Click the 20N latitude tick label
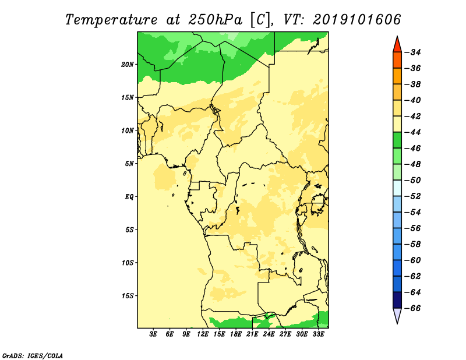[x=128, y=65]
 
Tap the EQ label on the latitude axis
[x=129, y=197]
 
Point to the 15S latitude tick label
[x=128, y=296]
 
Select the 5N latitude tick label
[x=129, y=164]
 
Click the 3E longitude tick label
[x=153, y=334]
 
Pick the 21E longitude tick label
[x=252, y=334]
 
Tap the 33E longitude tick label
[x=318, y=334]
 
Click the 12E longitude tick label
[x=203, y=334]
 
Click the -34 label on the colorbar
[x=413, y=52]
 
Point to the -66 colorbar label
[x=413, y=308]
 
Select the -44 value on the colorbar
[x=413, y=132]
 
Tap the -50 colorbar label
[x=413, y=180]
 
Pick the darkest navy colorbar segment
[x=397, y=300]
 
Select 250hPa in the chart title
[x=215, y=20]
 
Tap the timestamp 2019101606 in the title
[x=357, y=20]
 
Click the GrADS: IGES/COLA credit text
[x=33, y=356]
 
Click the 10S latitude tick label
[x=128, y=263]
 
